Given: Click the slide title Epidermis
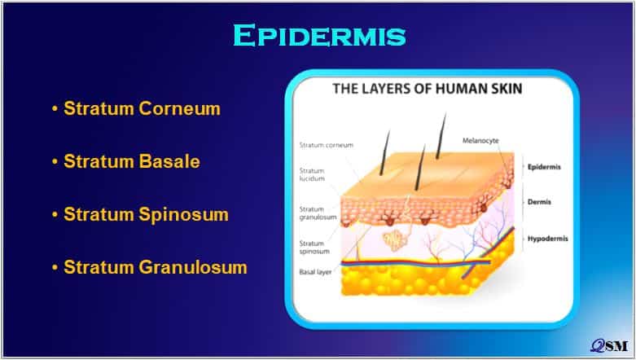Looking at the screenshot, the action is [x=319, y=35].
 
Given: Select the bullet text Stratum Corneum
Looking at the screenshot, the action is [x=142, y=108].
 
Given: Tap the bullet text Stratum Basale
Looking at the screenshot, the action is [x=132, y=161].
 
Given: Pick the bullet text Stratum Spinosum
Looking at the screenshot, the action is [x=146, y=214].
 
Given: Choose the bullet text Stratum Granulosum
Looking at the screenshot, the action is [x=156, y=267].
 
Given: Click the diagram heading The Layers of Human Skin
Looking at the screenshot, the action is [x=427, y=89].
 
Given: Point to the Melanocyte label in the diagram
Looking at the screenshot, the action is [x=480, y=140].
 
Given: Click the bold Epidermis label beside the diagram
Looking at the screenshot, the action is [x=544, y=167].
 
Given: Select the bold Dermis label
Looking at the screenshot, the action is [x=539, y=202].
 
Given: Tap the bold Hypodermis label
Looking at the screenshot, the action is [x=547, y=239].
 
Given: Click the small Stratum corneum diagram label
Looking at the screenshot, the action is [x=326, y=145].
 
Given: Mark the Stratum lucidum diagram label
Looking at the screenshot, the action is [x=312, y=174].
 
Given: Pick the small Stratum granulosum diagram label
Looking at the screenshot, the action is [x=318, y=213].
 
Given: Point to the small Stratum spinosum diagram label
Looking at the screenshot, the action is [x=314, y=247].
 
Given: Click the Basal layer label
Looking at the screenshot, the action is [x=315, y=272].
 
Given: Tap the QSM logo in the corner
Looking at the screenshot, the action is [x=609, y=345].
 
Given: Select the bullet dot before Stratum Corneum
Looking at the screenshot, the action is [x=55, y=109].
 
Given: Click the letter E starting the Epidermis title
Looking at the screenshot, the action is [x=243, y=35].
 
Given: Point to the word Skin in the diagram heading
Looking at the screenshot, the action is [x=504, y=89].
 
